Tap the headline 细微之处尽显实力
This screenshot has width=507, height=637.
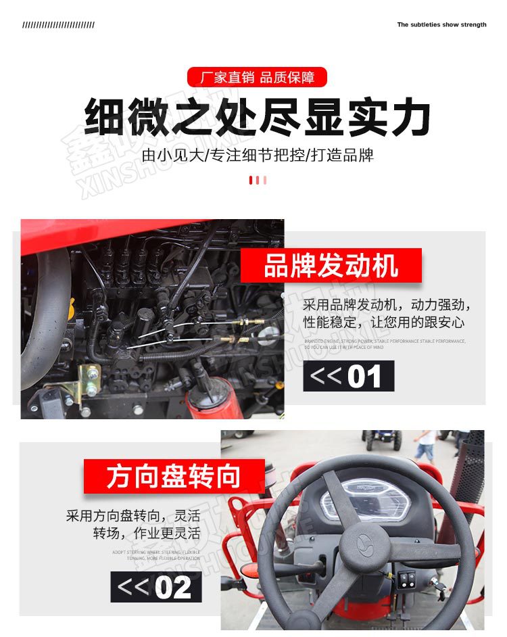pyautogui.click(x=257, y=118)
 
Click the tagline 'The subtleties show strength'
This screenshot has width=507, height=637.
pyautogui.click(x=441, y=24)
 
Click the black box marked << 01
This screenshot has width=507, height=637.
pyautogui.click(x=348, y=376)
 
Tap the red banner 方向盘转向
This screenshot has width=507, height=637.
pyautogui.click(x=174, y=476)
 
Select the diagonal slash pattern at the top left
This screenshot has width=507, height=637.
pyautogui.click(x=58, y=25)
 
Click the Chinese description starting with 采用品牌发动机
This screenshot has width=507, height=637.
pyautogui.click(x=386, y=313)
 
